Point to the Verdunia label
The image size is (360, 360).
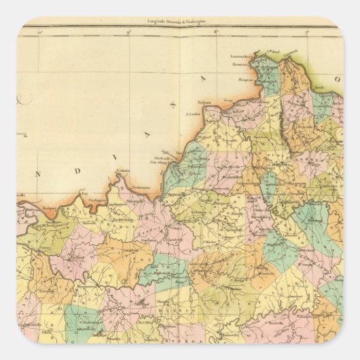click(124, 172)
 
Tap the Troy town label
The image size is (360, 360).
click(84, 192)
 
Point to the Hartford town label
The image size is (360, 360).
click(75, 259)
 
